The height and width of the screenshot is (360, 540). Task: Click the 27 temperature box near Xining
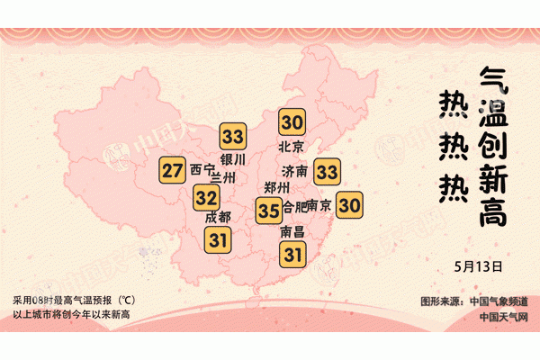tap(173, 170)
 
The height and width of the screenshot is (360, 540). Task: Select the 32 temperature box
tap(206, 197)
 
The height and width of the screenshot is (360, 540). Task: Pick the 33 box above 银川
tap(233, 137)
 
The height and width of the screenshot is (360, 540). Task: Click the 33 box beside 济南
tap(327, 170)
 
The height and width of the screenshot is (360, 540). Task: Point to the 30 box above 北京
tap(292, 122)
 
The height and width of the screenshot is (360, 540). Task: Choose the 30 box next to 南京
tap(349, 206)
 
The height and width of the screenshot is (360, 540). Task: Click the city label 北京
tap(292, 147)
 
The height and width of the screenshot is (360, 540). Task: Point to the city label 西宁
tap(202, 169)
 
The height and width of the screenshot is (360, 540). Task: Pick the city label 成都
tap(218, 217)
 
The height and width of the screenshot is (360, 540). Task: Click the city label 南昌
tap(292, 232)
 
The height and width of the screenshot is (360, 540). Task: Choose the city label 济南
tap(294, 171)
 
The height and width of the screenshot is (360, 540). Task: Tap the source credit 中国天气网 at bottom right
tap(503, 316)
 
